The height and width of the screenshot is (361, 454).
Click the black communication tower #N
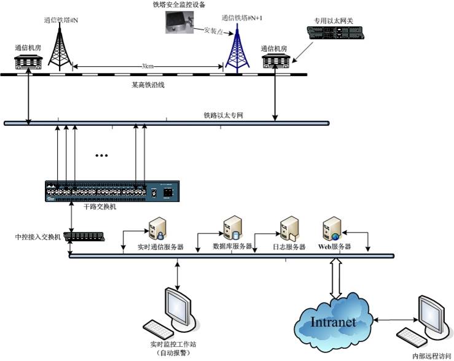tap(60, 46)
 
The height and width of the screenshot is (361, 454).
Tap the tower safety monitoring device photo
tap(178, 23)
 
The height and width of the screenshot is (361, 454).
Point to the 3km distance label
tap(147, 66)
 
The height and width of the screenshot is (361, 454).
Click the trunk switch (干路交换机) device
tap(112, 192)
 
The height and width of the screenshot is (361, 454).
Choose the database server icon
tap(232, 228)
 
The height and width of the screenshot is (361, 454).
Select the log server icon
tap(288, 229)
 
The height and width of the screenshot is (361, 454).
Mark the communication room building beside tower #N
tap(28, 60)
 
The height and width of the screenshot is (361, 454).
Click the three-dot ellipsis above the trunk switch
tap(102, 156)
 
